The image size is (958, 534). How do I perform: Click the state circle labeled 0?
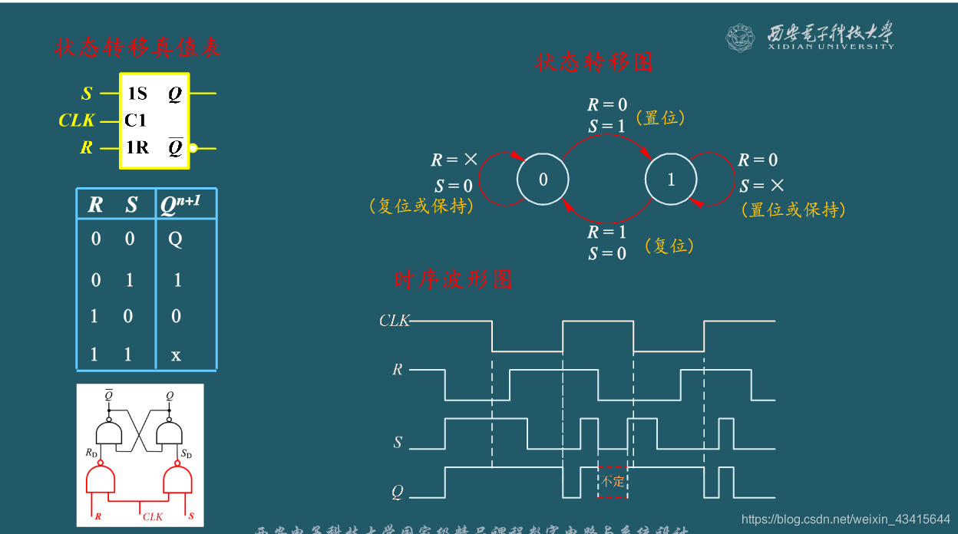543,180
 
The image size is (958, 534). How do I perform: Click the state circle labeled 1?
671,180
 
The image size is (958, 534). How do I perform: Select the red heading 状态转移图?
593,62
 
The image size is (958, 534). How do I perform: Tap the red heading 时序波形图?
453,279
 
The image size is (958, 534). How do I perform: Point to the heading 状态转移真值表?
137,48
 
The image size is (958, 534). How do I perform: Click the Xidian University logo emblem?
741,37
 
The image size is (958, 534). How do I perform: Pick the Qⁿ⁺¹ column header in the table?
180,205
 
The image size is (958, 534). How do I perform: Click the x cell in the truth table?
176,354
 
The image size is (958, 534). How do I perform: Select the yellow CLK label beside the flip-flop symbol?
77,120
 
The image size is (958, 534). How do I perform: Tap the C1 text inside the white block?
136,120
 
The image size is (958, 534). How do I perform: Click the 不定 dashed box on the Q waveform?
613,482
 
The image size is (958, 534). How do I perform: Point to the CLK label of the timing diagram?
395,321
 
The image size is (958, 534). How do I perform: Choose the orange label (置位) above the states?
660,117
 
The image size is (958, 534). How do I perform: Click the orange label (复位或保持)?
421,206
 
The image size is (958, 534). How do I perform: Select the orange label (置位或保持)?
793,209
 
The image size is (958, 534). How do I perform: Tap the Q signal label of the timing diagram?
397,492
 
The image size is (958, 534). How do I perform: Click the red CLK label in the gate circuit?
153,516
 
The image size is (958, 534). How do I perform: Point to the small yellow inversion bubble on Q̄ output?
193,148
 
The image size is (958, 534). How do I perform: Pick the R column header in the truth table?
95,205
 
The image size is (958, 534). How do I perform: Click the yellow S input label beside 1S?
87,94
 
